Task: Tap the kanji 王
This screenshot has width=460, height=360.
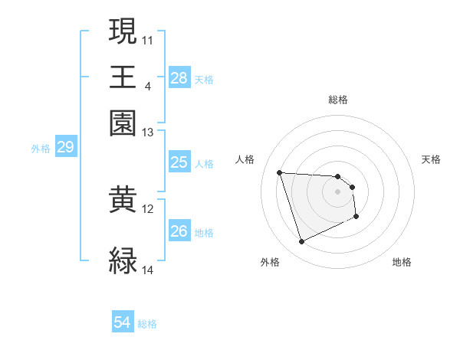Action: (x=123, y=77)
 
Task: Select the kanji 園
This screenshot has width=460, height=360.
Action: (x=123, y=123)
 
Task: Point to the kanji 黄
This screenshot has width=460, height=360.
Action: (x=123, y=201)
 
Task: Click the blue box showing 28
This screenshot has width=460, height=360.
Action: (x=179, y=78)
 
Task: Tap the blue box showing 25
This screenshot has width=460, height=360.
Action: (x=179, y=162)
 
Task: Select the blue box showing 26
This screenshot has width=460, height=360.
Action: (x=179, y=231)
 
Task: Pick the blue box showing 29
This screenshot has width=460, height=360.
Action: (x=65, y=147)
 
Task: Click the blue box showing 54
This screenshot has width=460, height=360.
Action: (x=123, y=323)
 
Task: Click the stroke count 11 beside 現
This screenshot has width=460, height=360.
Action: (x=147, y=39)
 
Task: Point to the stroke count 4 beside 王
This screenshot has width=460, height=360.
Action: (x=147, y=85)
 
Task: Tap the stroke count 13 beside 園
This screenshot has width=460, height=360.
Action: (x=147, y=133)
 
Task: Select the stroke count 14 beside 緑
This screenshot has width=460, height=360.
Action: (x=147, y=270)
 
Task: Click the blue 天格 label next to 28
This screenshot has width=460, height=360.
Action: (x=204, y=79)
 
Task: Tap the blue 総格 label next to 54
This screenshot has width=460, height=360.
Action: (x=147, y=324)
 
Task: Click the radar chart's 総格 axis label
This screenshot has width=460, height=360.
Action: (x=338, y=99)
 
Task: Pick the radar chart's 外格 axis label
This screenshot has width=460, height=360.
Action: (x=270, y=263)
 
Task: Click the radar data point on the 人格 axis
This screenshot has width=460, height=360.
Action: (x=280, y=172)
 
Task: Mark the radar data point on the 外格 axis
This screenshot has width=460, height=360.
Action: (x=301, y=242)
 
